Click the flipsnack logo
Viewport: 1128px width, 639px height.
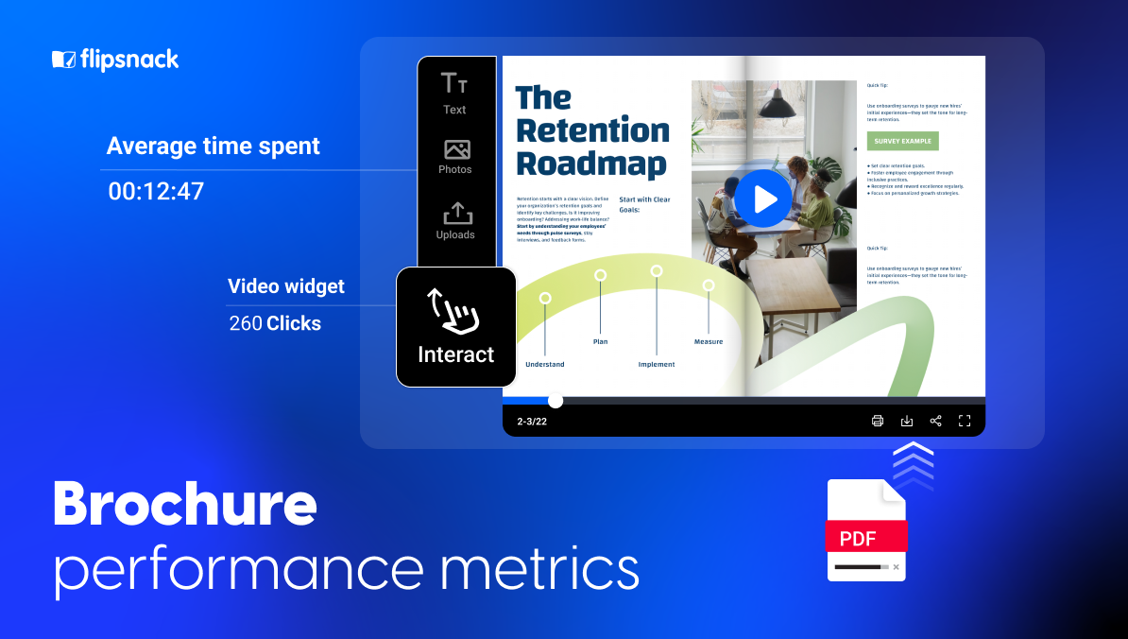coord(115,60)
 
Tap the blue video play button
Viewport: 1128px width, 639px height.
coord(762,199)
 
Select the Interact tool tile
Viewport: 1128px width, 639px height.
coord(456,326)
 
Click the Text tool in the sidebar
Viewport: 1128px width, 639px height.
coord(454,94)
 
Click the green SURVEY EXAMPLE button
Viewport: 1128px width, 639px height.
coord(902,141)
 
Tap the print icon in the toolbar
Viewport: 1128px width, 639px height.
coord(877,421)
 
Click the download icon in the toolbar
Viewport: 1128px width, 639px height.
coord(906,421)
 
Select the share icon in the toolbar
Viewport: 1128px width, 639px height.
coord(935,421)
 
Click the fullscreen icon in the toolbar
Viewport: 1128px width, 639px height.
coord(965,421)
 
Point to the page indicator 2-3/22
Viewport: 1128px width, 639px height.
coord(532,422)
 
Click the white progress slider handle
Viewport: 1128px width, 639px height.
coord(555,401)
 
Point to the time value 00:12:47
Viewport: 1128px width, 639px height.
coord(156,192)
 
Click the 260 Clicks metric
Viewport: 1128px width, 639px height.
coord(275,323)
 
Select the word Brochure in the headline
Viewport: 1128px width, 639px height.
coord(184,504)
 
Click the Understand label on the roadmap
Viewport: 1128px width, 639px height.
coord(545,364)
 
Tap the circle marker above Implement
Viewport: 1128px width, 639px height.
coord(656,271)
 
